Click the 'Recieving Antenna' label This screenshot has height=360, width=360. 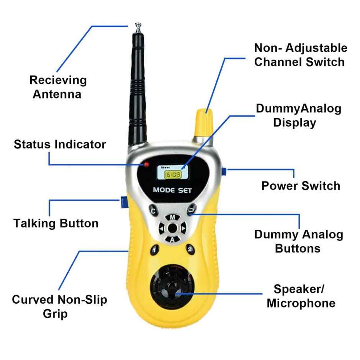58,87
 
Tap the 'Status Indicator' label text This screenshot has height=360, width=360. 60,144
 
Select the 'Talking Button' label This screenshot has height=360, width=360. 56,223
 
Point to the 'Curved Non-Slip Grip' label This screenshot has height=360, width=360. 59,306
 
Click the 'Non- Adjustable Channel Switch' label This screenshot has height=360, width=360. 301,55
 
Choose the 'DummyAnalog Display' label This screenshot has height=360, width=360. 298,116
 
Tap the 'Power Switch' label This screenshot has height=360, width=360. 301,186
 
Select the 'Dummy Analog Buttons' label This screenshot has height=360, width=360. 298,241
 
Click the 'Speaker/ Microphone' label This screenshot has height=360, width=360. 301,296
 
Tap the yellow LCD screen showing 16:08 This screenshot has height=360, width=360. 173,175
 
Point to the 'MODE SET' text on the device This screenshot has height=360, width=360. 172,190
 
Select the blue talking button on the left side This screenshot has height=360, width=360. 123,202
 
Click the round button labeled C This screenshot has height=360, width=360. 154,211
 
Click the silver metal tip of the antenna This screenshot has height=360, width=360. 137,27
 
